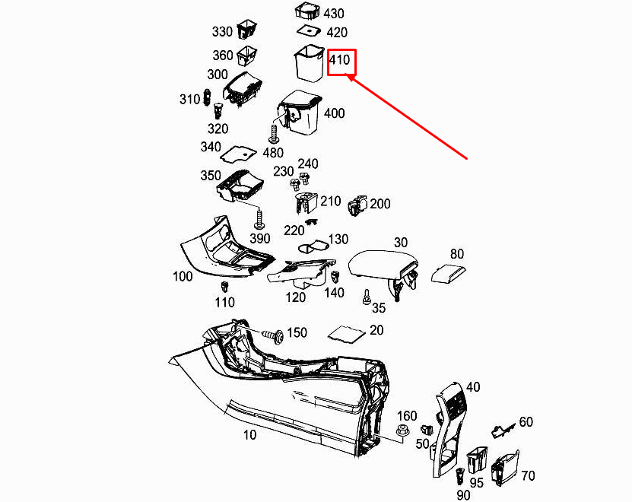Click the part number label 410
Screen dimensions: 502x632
340,59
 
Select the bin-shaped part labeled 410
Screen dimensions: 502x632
308,64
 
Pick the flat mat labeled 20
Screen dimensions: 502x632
345,333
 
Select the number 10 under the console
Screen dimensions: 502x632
249,435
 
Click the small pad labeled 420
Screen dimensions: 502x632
308,31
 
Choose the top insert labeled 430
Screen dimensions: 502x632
307,11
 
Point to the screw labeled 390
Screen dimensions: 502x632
260,221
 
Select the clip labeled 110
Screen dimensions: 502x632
224,288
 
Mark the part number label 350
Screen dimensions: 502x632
210,175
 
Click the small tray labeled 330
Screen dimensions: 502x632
247,31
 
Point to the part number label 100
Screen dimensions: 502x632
183,276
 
